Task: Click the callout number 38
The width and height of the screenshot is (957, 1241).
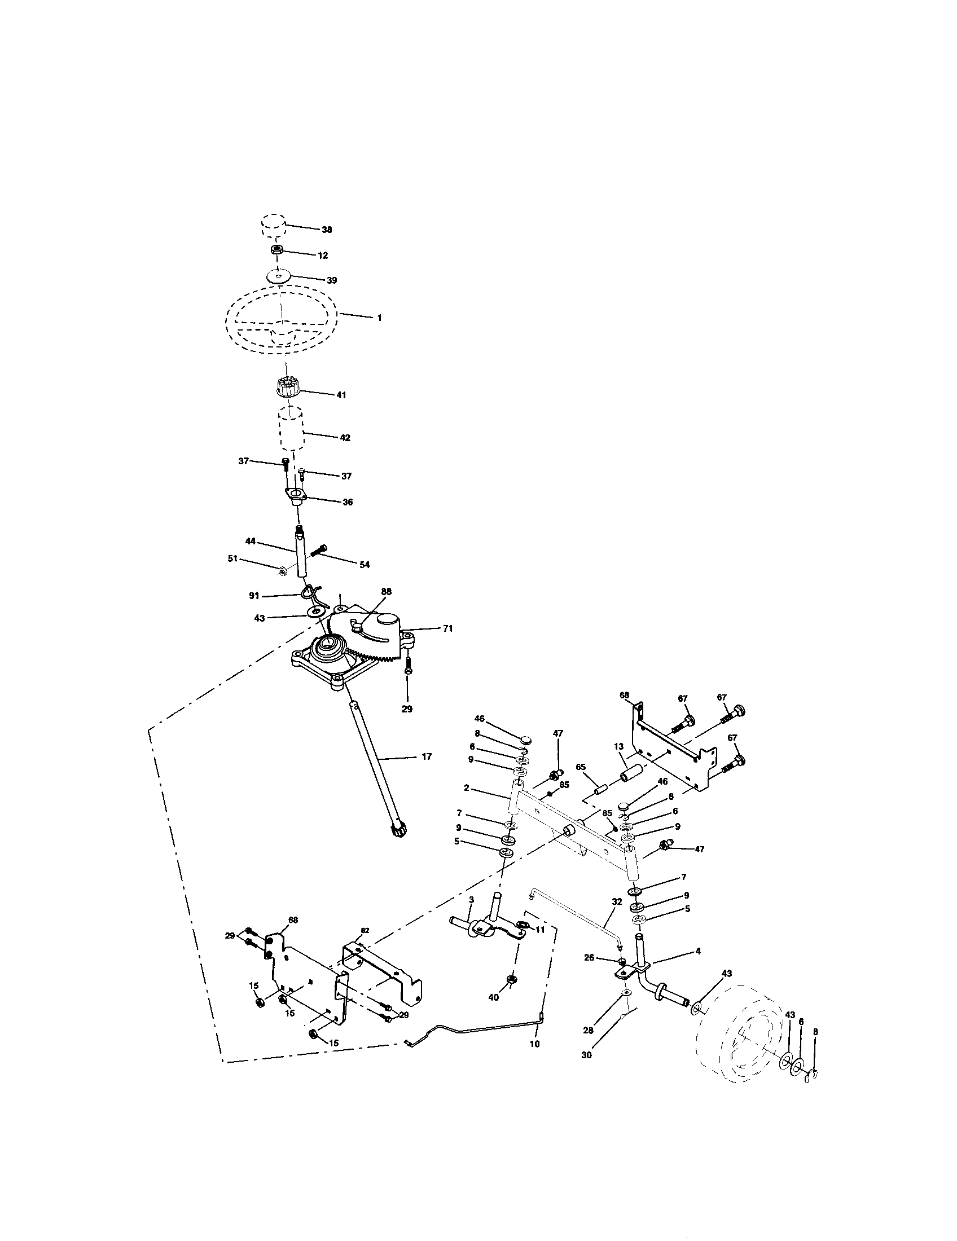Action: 327,230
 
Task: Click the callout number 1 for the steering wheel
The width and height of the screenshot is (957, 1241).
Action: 380,318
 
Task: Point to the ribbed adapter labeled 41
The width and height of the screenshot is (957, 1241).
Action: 288,388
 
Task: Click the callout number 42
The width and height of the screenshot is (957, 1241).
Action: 345,438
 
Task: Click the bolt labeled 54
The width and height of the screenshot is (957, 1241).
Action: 319,550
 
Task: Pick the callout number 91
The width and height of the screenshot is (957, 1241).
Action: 254,596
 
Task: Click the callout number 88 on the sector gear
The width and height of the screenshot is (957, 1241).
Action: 387,592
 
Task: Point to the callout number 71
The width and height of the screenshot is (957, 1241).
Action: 448,628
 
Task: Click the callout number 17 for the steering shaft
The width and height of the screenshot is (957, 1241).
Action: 427,756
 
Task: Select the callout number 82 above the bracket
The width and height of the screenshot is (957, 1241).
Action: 365,930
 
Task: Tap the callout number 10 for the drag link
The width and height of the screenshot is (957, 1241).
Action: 535,1044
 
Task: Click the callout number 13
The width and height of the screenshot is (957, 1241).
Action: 619,747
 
